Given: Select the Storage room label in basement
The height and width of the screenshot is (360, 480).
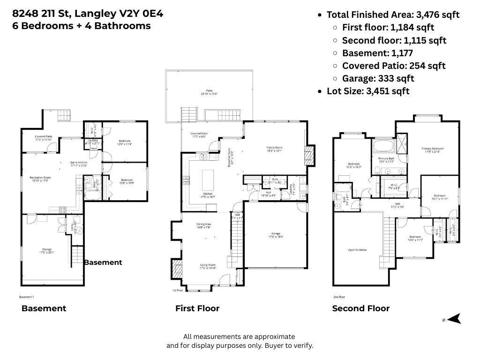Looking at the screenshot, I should (47, 250).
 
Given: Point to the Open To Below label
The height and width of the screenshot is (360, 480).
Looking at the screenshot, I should (357, 250).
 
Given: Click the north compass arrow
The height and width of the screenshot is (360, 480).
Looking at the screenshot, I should (454, 319).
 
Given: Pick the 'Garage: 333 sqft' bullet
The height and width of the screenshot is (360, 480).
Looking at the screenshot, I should (378, 78).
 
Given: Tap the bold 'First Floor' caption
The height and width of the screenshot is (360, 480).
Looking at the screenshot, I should (197, 308).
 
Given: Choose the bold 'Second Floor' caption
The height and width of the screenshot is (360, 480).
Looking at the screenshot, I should (360, 308).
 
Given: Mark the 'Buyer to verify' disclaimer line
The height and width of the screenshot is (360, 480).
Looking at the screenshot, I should (240, 345).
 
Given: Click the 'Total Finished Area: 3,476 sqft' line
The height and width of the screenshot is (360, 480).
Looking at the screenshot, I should (393, 15).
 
